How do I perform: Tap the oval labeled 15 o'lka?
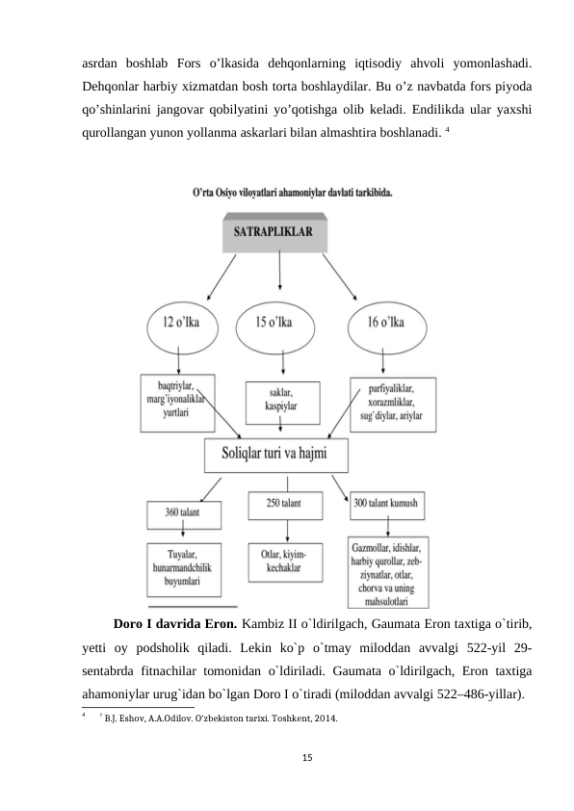point(278,322)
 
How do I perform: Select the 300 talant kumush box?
point(387,504)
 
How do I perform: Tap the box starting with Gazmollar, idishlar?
point(387,573)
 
